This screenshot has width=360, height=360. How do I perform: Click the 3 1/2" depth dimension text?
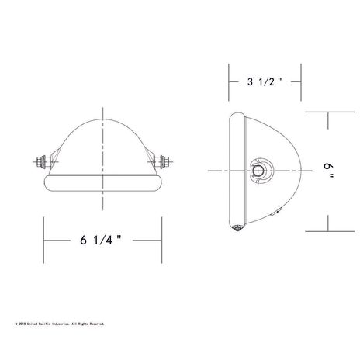[x=262, y=81]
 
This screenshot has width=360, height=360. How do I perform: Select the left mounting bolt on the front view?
[x=41, y=164]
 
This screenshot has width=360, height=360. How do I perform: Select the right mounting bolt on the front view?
[x=165, y=164]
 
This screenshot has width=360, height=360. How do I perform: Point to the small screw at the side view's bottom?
[x=237, y=227]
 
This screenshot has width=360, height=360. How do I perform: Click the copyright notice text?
[x=60, y=324]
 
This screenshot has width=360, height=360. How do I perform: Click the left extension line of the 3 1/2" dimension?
[x=228, y=81]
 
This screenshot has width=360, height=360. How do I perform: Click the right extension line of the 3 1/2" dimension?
[x=301, y=81]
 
